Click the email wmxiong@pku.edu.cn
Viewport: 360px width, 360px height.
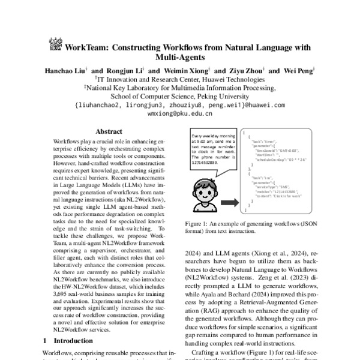(180, 112)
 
